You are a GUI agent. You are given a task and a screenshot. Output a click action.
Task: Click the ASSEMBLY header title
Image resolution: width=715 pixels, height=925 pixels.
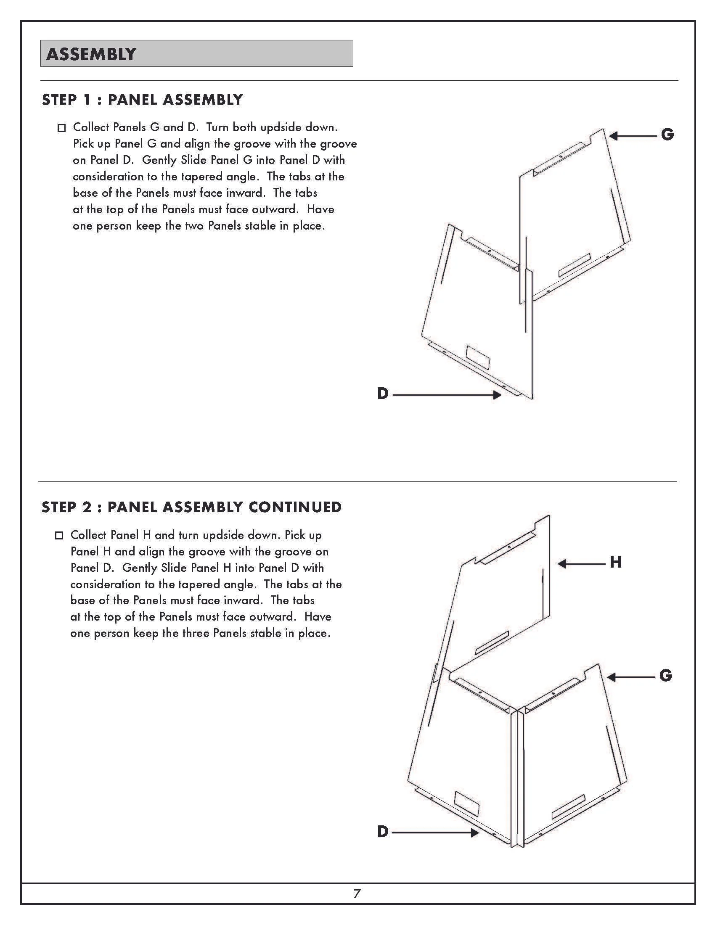(91, 54)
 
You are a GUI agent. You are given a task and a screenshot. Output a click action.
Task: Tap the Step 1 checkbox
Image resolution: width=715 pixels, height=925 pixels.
(61, 128)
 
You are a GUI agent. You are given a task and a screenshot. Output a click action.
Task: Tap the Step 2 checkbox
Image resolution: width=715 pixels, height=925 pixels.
(59, 536)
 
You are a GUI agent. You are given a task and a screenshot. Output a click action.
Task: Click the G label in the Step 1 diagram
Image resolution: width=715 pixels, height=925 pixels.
(667, 135)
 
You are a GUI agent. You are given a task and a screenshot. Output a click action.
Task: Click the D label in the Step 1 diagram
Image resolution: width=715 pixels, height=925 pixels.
(382, 394)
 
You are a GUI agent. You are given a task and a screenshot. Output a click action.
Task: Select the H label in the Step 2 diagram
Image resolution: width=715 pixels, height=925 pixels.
(615, 563)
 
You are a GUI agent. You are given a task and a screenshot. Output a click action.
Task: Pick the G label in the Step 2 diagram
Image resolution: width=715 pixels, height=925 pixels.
(665, 676)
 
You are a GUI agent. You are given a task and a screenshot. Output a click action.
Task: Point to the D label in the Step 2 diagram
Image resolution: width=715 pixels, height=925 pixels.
(382, 832)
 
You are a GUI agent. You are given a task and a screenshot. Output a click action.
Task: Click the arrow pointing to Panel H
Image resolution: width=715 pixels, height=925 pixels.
(581, 564)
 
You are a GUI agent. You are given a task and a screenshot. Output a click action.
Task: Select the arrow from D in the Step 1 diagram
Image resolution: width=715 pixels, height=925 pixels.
(446, 395)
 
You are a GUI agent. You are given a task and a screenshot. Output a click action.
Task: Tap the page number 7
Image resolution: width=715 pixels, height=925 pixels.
(357, 893)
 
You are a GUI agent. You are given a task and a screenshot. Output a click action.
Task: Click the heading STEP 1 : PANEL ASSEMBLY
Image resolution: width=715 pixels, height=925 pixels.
(142, 100)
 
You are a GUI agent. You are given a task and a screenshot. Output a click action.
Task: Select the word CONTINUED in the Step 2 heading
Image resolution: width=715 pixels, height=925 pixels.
(295, 507)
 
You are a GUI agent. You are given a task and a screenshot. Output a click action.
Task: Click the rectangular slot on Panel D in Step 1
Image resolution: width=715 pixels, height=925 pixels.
(478, 357)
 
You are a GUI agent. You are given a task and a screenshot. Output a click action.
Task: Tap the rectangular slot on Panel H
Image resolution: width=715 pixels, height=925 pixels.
(492, 642)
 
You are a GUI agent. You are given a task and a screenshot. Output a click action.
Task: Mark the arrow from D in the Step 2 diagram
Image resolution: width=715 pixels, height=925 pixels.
(435, 832)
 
